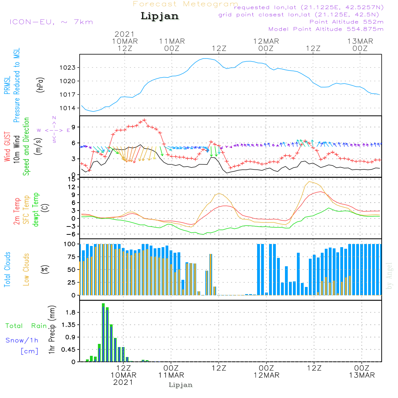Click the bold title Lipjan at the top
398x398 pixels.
coord(160,16)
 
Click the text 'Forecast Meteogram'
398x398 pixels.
coord(185,4)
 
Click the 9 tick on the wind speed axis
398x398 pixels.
coord(74,127)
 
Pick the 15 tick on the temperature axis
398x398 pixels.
coord(72,179)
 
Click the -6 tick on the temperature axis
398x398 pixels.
coord(72,234)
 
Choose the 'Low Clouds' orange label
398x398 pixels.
coord(26,269)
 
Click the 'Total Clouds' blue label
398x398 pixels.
coord(8,269)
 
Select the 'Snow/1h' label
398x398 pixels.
coord(22,340)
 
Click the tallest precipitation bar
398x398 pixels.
coord(103,332)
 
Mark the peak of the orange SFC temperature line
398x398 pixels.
coord(309,181)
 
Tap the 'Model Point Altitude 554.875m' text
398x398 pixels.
coord(326,29)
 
